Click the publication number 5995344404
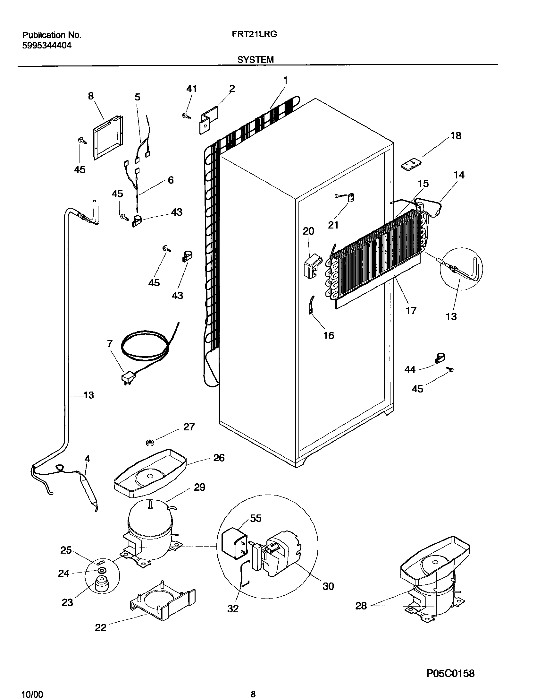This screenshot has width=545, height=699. (47, 46)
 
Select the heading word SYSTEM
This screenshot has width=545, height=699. (256, 59)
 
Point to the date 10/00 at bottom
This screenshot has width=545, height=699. (32, 692)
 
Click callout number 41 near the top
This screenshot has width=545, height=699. (191, 89)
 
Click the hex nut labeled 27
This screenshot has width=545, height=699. (149, 443)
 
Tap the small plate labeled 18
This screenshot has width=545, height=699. (410, 165)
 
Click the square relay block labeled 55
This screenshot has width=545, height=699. (234, 545)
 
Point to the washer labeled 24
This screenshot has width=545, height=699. (102, 570)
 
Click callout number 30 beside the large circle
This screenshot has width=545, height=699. (328, 586)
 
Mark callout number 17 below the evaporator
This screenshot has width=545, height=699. (411, 310)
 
